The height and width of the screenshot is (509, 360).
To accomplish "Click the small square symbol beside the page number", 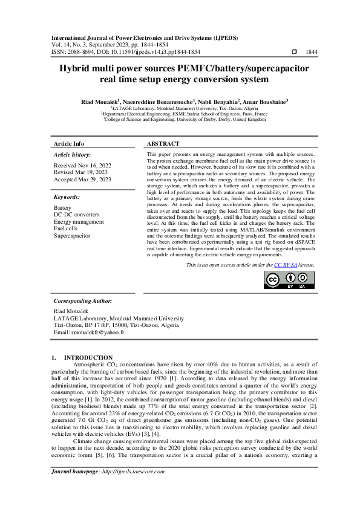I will click(294, 53).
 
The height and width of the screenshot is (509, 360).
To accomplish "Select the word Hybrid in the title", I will click(75, 69).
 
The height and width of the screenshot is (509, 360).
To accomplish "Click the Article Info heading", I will click(70, 144).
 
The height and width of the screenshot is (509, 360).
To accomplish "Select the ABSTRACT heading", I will click(163, 144).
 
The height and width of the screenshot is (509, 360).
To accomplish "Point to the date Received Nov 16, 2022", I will click(83, 165).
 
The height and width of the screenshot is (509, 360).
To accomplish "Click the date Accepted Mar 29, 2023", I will click(83, 180).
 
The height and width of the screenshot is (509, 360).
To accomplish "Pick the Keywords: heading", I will click(67, 197).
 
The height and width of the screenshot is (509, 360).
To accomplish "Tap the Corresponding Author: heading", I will click(82, 300).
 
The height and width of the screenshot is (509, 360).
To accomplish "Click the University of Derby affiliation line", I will click(185, 120).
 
